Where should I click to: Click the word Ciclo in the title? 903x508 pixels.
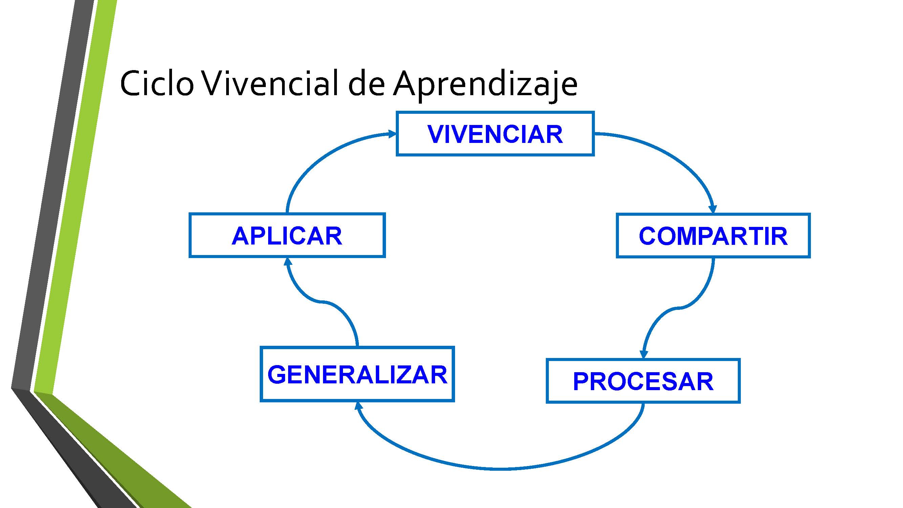pos(157,84)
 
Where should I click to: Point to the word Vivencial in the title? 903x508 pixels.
pos(270,83)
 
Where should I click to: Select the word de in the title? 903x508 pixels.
pos(366,83)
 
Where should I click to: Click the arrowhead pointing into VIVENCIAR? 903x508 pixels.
pos(392,133)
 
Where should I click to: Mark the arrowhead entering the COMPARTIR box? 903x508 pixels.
pos(713,209)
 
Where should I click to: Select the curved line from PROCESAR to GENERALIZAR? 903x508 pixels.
pos(501,468)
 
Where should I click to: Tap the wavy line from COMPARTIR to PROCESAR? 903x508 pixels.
pos(678,308)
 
